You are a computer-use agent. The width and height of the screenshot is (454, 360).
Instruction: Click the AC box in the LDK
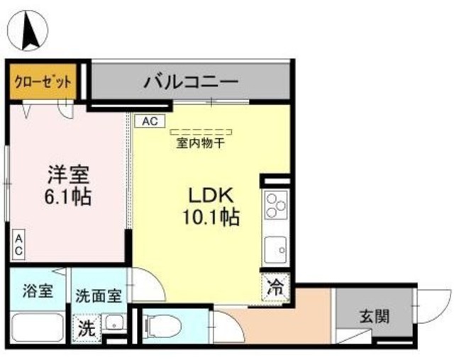click(x=149, y=121)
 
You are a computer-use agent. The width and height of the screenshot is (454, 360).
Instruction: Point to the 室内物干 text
click(x=201, y=144)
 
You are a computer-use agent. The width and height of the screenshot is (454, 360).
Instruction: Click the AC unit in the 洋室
click(x=19, y=244)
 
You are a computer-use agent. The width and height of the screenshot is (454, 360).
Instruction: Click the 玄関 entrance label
click(x=372, y=317)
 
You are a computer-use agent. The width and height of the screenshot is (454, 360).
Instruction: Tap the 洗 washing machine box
click(x=85, y=330)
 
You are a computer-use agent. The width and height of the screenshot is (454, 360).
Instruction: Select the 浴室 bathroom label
click(x=36, y=292)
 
